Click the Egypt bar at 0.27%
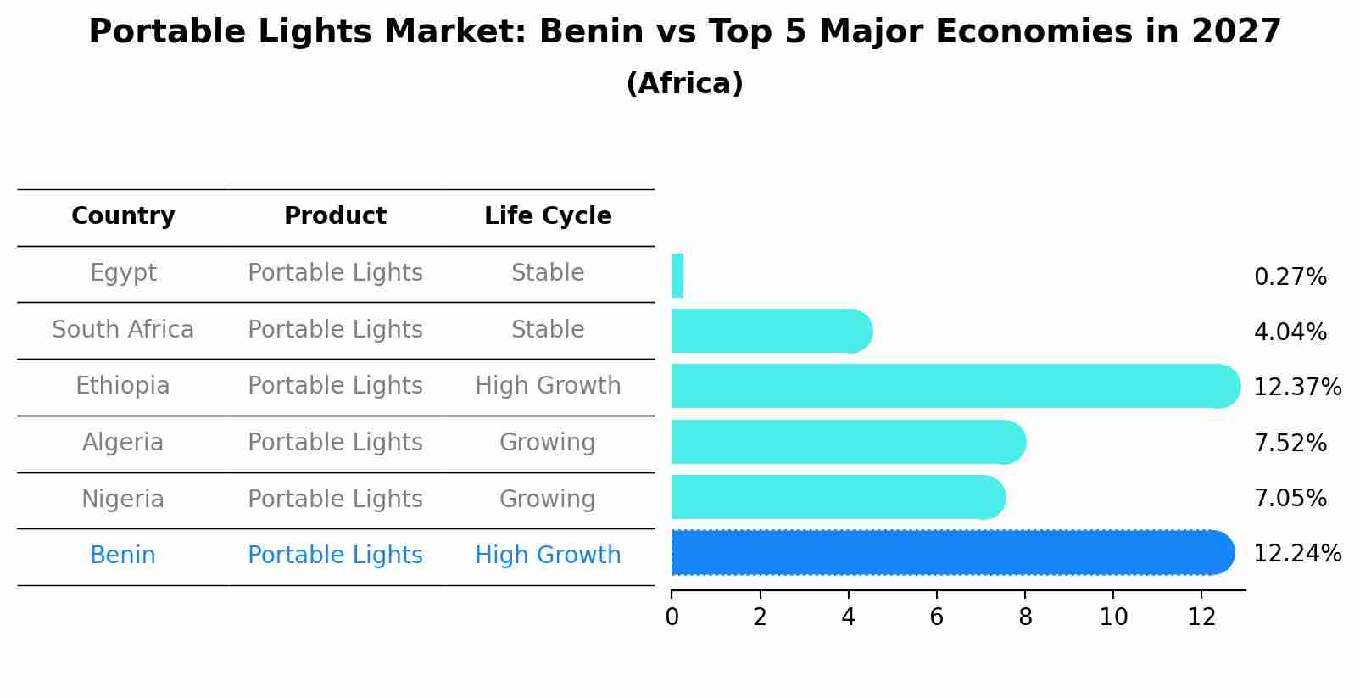[x=677, y=276]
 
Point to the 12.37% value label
[x=1296, y=388]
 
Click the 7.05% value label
[x=1290, y=498]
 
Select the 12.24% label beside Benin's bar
[x=1296, y=554]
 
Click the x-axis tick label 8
[x=1025, y=617]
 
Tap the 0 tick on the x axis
[x=672, y=617]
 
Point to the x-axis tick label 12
[x=1201, y=617]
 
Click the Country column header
[x=123, y=216]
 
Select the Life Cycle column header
[x=548, y=216]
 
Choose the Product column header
[x=335, y=216]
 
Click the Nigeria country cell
[x=123, y=500]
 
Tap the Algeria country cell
[x=123, y=443]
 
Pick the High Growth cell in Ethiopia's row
[x=548, y=386]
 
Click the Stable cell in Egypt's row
[x=548, y=273]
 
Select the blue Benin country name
[x=123, y=556]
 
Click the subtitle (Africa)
[x=684, y=84]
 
